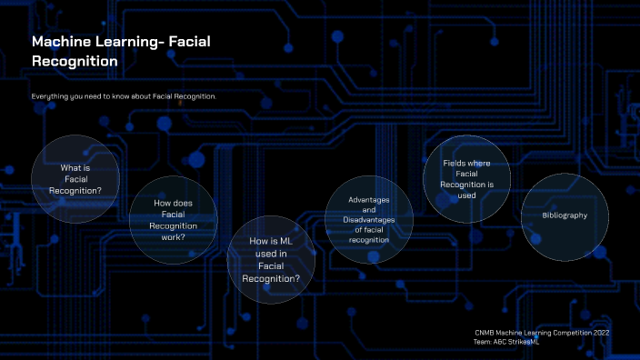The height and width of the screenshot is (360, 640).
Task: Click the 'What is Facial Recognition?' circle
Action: tap(75, 179)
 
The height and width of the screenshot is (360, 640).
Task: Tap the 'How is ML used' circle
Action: tap(271, 259)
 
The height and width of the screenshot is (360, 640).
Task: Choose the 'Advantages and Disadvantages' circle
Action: tap(369, 219)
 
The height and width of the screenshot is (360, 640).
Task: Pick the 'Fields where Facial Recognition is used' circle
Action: tap(467, 178)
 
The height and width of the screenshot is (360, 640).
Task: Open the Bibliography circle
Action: tap(565, 215)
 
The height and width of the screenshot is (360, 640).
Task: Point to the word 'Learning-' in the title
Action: tap(130, 42)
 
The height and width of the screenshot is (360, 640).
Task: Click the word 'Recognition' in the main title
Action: tap(75, 62)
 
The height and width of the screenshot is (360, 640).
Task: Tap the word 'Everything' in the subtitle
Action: tap(49, 96)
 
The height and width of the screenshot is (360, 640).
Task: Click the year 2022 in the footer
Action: tap(601, 333)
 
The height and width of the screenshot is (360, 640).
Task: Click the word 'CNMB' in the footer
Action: tap(485, 333)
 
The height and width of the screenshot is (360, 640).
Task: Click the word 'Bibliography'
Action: tap(565, 215)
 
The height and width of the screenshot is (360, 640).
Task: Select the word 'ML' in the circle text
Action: tap(280, 241)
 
